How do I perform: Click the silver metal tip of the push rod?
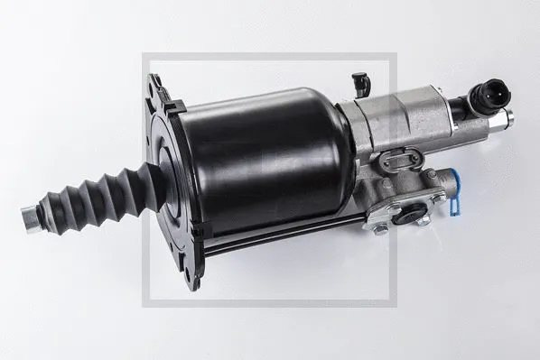coord(30,217)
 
